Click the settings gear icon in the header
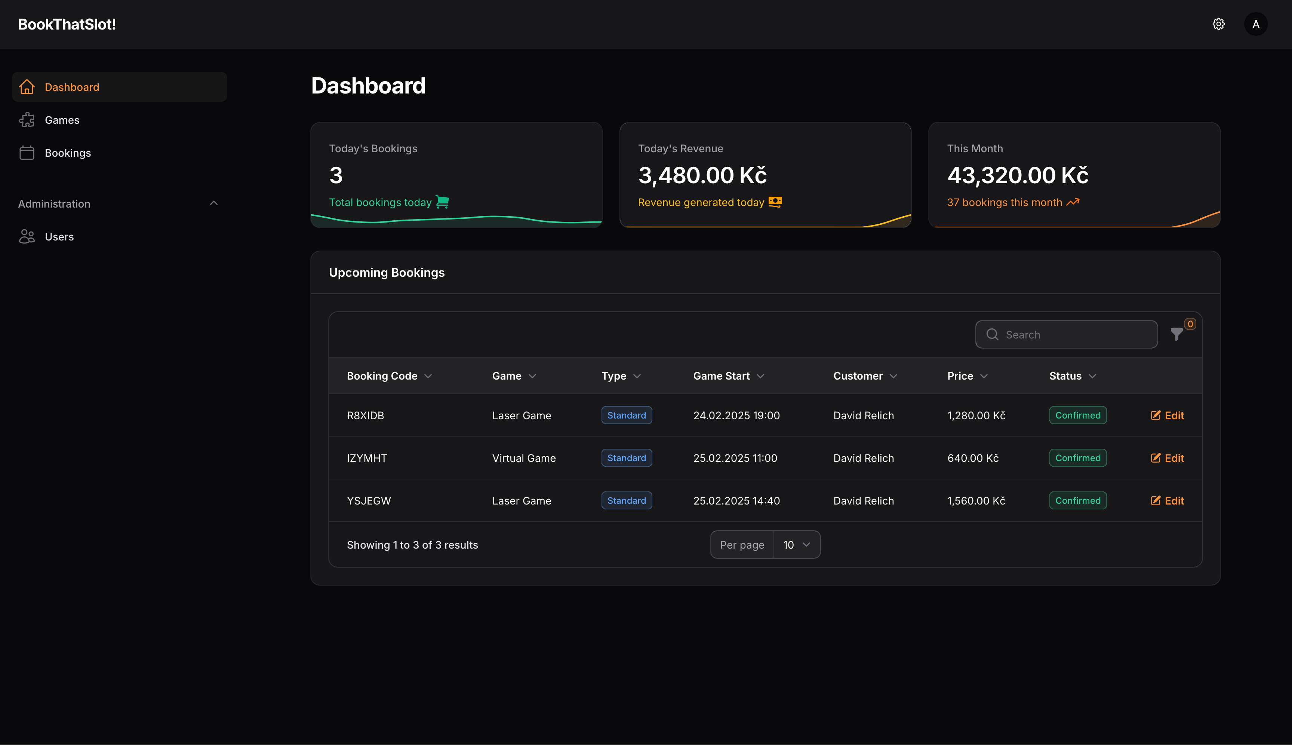[1218, 24]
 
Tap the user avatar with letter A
[1256, 24]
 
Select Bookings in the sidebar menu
[68, 153]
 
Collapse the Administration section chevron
[214, 204]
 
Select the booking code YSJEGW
[369, 501]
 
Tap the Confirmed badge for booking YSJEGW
[1078, 501]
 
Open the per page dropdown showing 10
[796, 545]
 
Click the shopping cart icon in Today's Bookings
[442, 202]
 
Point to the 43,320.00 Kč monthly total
[1017, 175]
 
